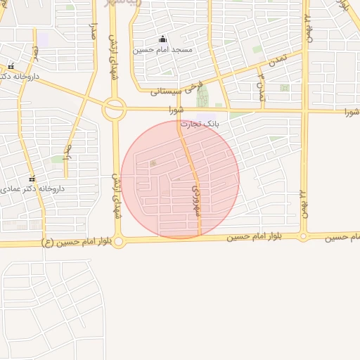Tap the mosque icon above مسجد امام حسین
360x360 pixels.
(x=163, y=39)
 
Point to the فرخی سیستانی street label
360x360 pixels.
(x=176, y=90)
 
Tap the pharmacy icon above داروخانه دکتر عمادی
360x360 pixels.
(x=31, y=179)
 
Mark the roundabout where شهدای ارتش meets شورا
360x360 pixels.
(x=114, y=109)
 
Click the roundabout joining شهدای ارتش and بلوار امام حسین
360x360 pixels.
(x=119, y=242)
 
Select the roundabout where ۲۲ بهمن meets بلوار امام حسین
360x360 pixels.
(x=304, y=237)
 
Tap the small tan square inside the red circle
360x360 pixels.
(x=153, y=164)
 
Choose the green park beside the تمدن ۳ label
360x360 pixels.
(x=284, y=89)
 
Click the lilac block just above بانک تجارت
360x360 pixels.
(x=205, y=116)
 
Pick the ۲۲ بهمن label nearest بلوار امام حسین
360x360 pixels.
(x=304, y=203)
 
